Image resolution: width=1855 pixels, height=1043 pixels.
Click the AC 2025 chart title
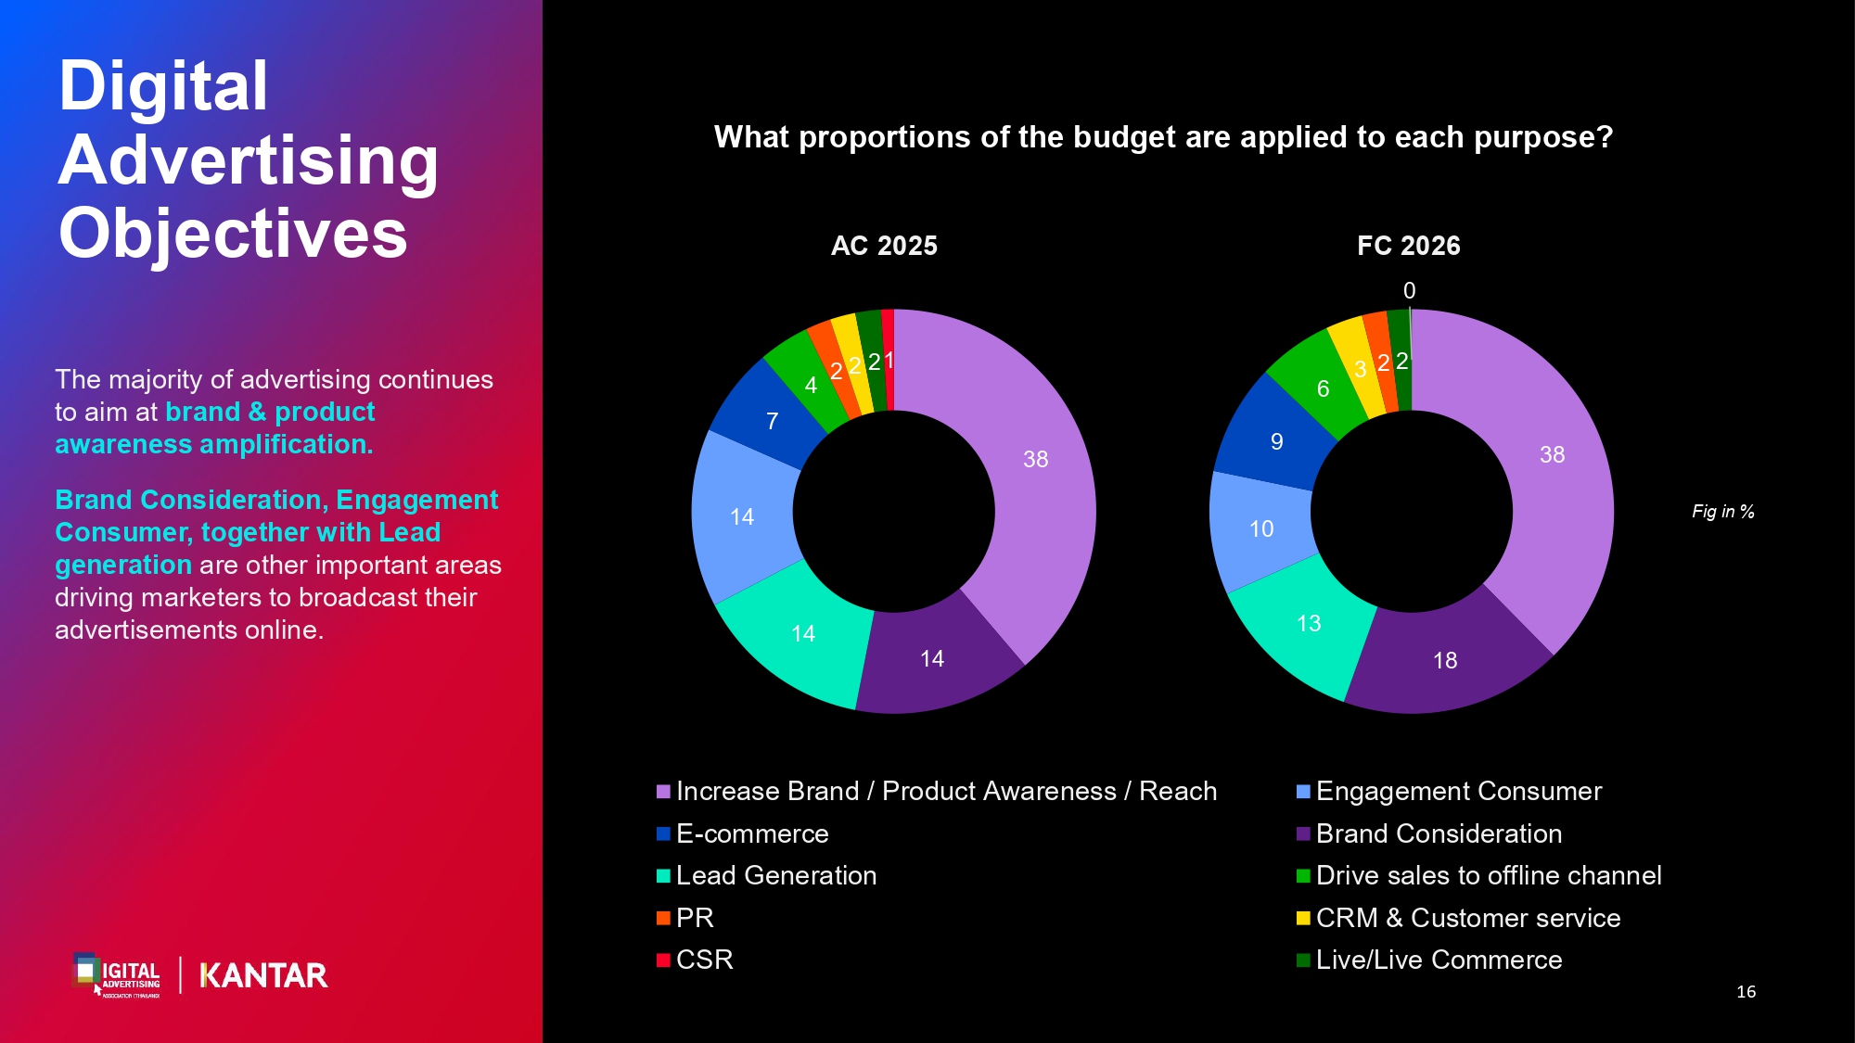pos(884,246)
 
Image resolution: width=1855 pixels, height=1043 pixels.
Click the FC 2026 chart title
pos(1409,246)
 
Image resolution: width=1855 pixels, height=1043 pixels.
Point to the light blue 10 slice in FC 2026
pos(1260,529)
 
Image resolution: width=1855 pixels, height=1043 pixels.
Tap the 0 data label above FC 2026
pos(1410,291)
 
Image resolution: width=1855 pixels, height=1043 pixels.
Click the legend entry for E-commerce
pos(742,833)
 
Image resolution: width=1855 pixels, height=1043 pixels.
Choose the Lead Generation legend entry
pos(766,875)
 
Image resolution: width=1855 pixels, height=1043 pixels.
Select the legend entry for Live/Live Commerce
pos(1429,960)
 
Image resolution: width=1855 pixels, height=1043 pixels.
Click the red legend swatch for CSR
pos(663,960)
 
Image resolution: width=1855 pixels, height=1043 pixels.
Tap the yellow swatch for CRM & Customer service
pos(1303,918)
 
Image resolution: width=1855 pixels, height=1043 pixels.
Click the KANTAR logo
pos(263,975)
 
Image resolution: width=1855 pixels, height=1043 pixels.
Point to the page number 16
pos(1746,992)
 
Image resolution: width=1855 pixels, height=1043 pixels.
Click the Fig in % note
pos(1723,512)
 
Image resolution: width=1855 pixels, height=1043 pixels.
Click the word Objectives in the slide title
pos(233,234)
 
